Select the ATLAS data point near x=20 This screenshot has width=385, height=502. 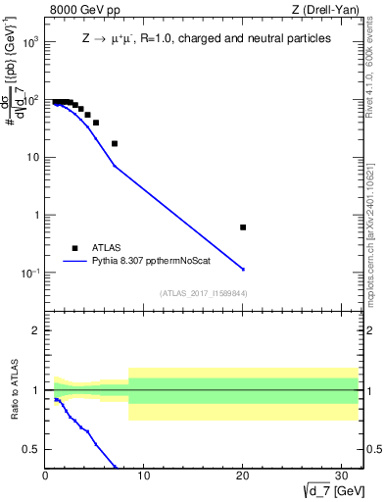(243, 226)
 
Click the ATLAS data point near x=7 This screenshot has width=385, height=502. (115, 143)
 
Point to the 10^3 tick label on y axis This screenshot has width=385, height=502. (29, 43)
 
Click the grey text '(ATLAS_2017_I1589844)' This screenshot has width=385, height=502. (203, 293)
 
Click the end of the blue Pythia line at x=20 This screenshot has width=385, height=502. (243, 269)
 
